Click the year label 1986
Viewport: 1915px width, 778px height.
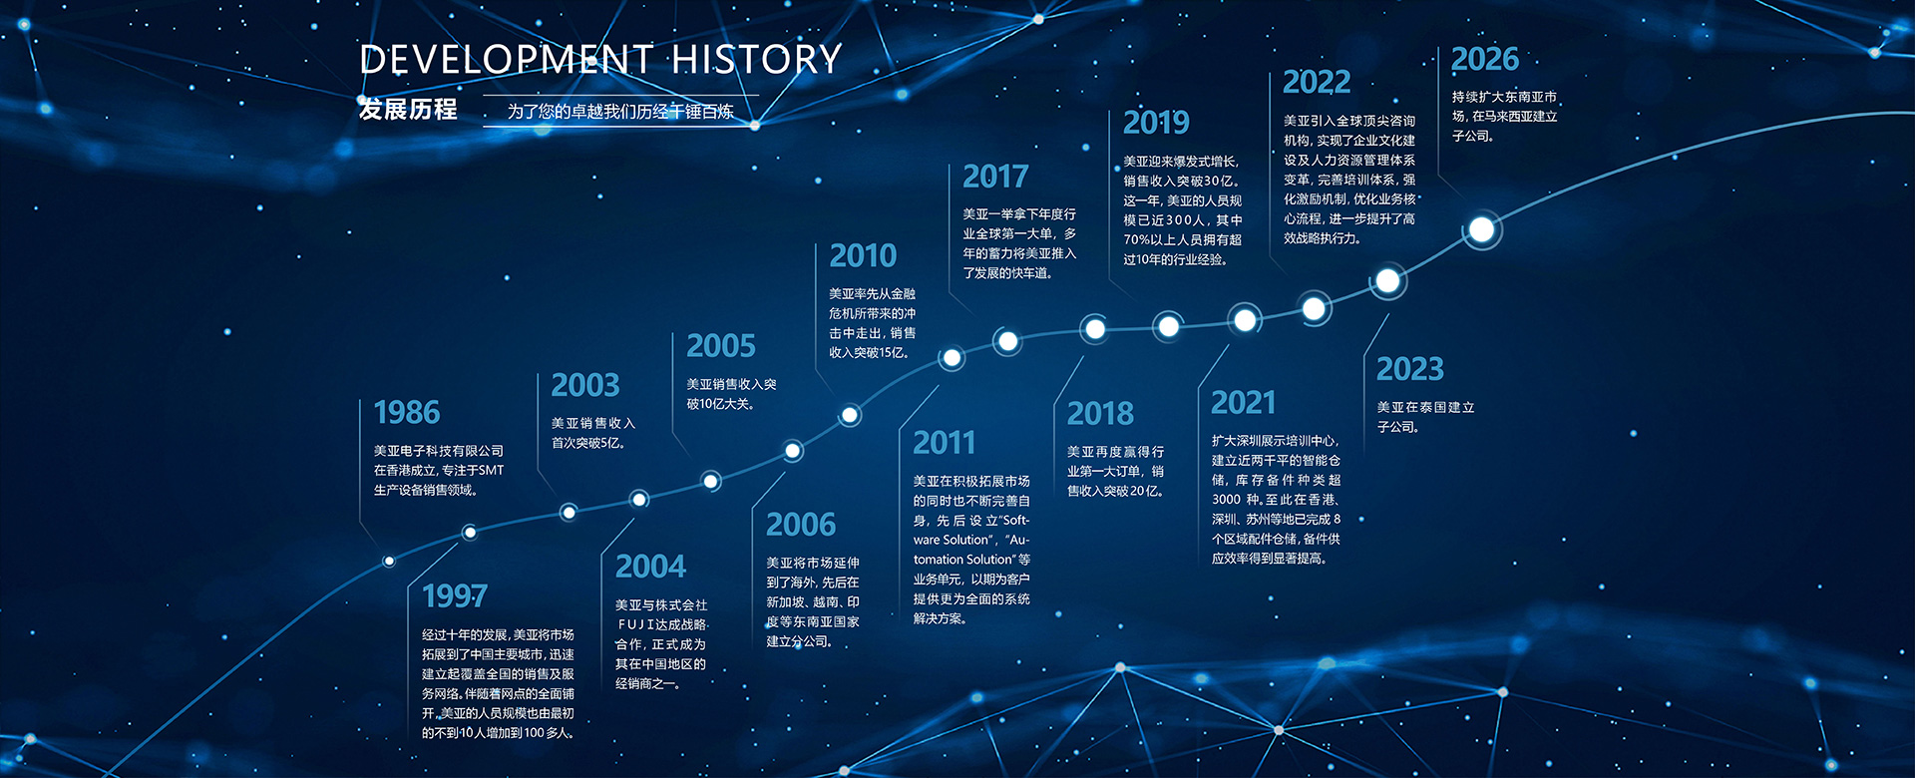tap(407, 412)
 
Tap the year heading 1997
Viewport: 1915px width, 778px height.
tap(455, 595)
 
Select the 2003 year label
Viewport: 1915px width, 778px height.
tap(585, 385)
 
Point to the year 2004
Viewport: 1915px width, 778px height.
tap(650, 567)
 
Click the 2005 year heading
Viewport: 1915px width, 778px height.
tap(721, 346)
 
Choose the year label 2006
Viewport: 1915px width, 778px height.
tap(801, 525)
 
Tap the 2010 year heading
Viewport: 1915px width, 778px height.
tap(863, 256)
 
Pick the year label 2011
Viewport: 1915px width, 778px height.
tap(944, 443)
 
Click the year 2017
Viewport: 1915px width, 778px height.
tap(995, 177)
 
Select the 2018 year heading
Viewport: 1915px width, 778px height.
tap(1100, 414)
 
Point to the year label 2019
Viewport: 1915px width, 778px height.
tap(1156, 123)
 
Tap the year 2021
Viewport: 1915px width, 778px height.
tap(1243, 403)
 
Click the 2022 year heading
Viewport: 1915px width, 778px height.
tap(1317, 82)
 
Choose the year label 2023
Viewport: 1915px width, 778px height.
tap(1410, 369)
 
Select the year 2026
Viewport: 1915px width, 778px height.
tap(1485, 59)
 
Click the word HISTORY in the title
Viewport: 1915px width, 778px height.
tap(757, 60)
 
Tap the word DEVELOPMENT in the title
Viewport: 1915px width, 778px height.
tap(506, 60)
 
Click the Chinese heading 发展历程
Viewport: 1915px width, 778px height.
tap(408, 109)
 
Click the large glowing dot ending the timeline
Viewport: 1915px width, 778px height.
tap(1482, 230)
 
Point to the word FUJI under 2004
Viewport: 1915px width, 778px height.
tap(636, 624)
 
